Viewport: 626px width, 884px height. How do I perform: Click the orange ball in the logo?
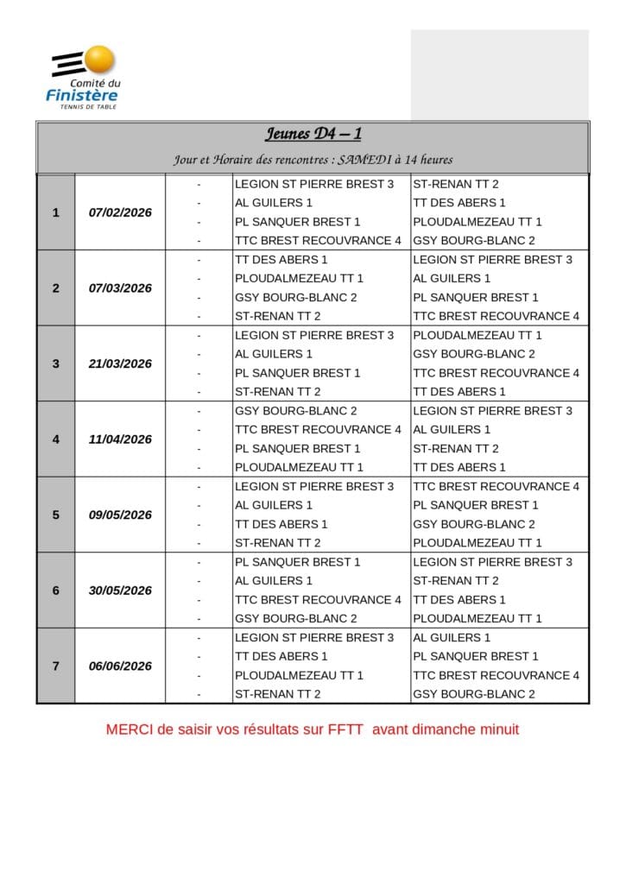100,60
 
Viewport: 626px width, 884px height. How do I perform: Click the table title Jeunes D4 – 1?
313,134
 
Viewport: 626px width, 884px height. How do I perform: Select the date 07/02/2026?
120,212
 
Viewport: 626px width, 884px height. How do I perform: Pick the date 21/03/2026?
120,363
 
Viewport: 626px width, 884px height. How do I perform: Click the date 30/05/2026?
120,590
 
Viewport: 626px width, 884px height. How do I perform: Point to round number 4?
56,439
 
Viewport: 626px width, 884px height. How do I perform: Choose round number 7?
56,666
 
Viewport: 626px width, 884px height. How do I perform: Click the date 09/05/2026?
120,515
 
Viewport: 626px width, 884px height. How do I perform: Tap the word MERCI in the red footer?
126,729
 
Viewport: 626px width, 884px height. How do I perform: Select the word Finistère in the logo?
82,95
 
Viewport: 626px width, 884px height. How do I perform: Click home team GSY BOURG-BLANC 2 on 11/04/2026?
295,411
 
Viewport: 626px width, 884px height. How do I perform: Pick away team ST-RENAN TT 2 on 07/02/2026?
456,184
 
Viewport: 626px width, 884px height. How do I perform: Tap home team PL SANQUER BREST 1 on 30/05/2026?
297,562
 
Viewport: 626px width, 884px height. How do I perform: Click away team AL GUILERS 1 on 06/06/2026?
452,637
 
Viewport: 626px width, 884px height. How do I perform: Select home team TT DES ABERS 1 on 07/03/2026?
281,260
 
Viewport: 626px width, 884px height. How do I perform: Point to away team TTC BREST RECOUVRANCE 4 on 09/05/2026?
496,486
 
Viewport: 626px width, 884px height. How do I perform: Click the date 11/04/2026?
120,439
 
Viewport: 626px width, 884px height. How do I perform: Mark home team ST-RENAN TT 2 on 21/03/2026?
277,392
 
